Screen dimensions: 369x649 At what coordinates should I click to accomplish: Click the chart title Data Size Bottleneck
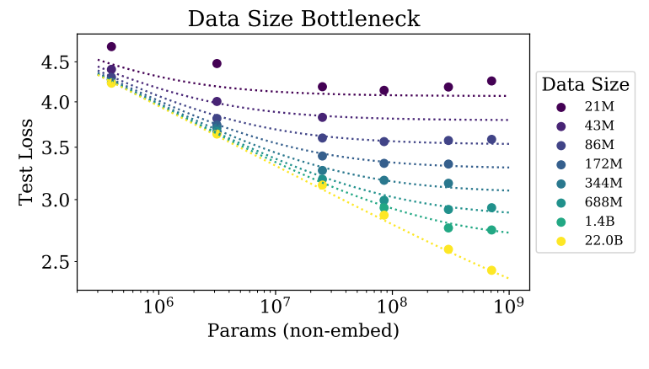(x=303, y=18)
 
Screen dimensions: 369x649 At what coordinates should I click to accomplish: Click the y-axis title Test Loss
(x=27, y=163)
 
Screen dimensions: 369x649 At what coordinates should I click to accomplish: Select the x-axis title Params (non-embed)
(x=303, y=331)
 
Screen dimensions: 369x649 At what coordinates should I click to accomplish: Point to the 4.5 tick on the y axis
(x=55, y=62)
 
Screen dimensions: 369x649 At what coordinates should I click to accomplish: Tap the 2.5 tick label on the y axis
(x=55, y=262)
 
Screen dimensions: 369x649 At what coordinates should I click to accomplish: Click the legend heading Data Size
(x=585, y=84)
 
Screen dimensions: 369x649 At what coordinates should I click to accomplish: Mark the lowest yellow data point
(x=491, y=270)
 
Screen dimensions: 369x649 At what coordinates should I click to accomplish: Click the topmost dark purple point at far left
(x=111, y=46)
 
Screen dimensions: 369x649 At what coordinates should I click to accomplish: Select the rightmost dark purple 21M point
(x=491, y=81)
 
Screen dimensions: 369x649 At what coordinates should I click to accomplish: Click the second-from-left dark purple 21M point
(x=217, y=63)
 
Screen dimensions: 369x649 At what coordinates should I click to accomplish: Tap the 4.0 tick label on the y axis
(x=55, y=103)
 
